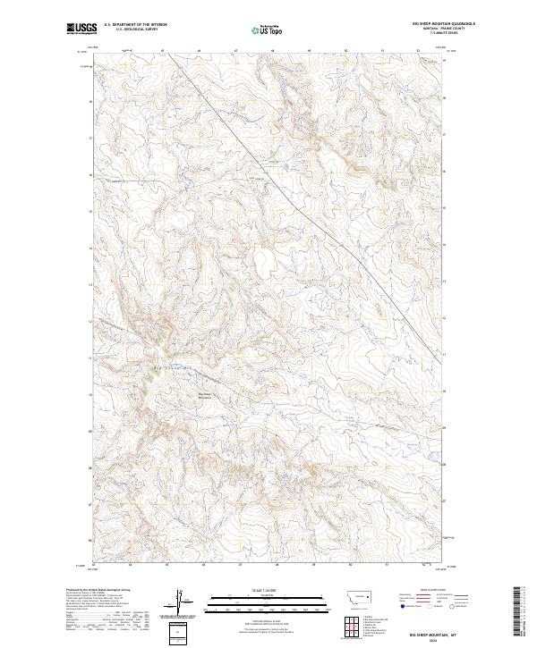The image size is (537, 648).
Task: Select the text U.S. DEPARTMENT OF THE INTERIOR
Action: [134, 26]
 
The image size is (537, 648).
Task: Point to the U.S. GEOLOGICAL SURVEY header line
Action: [134, 30]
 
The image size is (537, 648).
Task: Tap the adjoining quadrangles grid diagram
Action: [350, 622]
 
